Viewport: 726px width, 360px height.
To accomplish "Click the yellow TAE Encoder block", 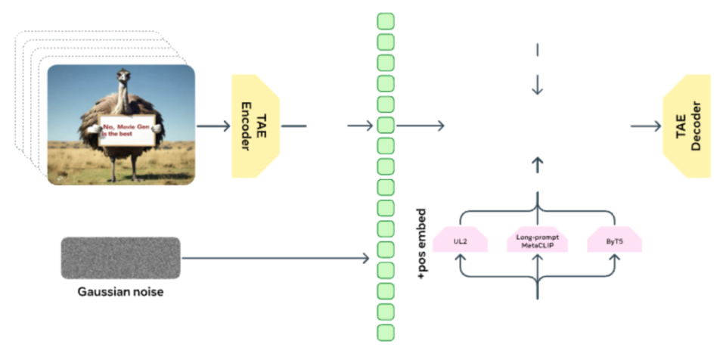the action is click(255, 126).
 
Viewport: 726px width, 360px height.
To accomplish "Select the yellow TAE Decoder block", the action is click(687, 126).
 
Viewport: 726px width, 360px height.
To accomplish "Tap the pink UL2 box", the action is click(461, 240).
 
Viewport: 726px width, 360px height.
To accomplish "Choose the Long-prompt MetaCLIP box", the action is click(537, 240).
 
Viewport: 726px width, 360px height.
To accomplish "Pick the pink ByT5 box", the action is click(614, 240).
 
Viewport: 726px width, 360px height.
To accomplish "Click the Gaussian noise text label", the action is click(120, 292).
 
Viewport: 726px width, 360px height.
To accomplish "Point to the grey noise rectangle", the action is click(120, 258).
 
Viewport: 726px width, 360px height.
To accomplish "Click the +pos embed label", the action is click(422, 244).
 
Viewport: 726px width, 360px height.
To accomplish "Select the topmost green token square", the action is click(386, 21).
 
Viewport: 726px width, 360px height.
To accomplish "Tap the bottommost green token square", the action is click(386, 333).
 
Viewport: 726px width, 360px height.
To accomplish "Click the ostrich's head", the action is click(123, 76).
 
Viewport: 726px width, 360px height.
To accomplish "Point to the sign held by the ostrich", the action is click(126, 131).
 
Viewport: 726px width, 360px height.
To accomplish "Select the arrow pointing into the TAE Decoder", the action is click(646, 126).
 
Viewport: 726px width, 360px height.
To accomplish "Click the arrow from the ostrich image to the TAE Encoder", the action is click(213, 126).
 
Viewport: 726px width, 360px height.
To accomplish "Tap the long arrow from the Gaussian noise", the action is click(275, 258).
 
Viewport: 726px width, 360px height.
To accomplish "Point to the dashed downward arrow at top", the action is click(537, 70).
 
